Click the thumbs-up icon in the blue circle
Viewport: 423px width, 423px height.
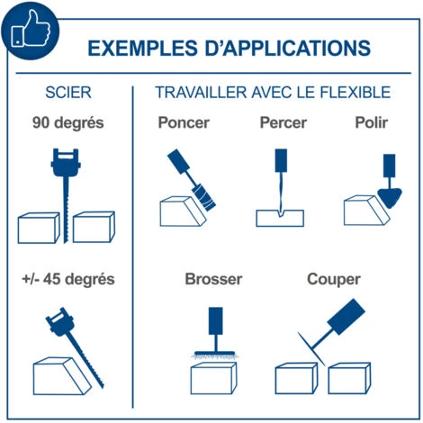click(x=30, y=29)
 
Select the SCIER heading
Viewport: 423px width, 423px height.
click(x=68, y=93)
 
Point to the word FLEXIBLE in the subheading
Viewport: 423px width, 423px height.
click(x=355, y=92)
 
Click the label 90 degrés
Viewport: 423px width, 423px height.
click(x=68, y=122)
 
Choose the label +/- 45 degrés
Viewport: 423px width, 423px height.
click(x=68, y=279)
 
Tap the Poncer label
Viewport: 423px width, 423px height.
click(x=184, y=122)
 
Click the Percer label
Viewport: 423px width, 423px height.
click(x=283, y=122)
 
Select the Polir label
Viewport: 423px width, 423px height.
click(x=372, y=122)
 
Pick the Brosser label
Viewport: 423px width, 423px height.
click(x=213, y=279)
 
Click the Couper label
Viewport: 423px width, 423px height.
click(x=334, y=279)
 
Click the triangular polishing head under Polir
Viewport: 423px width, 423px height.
click(x=390, y=197)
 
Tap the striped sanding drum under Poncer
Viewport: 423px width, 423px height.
click(x=204, y=197)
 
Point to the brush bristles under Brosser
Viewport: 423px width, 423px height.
click(x=215, y=356)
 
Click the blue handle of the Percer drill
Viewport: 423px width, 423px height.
click(x=281, y=160)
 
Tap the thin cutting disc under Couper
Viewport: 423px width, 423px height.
click(x=311, y=349)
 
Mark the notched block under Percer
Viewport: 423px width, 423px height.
click(x=280, y=218)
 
